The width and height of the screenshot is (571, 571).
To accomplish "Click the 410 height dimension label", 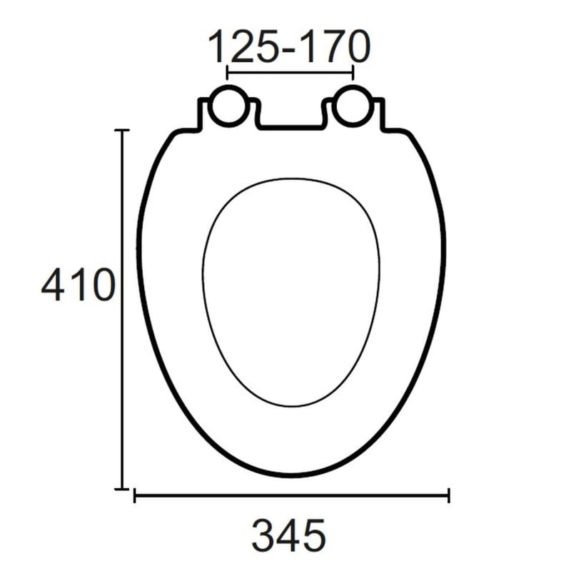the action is [x=78, y=284].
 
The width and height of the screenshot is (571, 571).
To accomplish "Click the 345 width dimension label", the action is [x=289, y=535].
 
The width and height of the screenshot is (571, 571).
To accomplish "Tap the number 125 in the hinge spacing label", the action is [x=245, y=46].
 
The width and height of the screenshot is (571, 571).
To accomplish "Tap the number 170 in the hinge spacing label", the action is [x=333, y=46].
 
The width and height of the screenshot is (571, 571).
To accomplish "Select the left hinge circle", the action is [x=229, y=106].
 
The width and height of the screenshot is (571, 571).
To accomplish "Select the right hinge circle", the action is [x=352, y=106].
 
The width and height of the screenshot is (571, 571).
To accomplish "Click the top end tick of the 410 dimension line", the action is [x=122, y=130].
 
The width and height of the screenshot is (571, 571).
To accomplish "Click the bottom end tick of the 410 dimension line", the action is [x=122, y=489].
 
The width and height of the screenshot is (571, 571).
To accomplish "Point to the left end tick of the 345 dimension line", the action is [x=135, y=495].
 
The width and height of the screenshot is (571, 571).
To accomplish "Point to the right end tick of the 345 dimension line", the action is [x=449, y=495].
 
